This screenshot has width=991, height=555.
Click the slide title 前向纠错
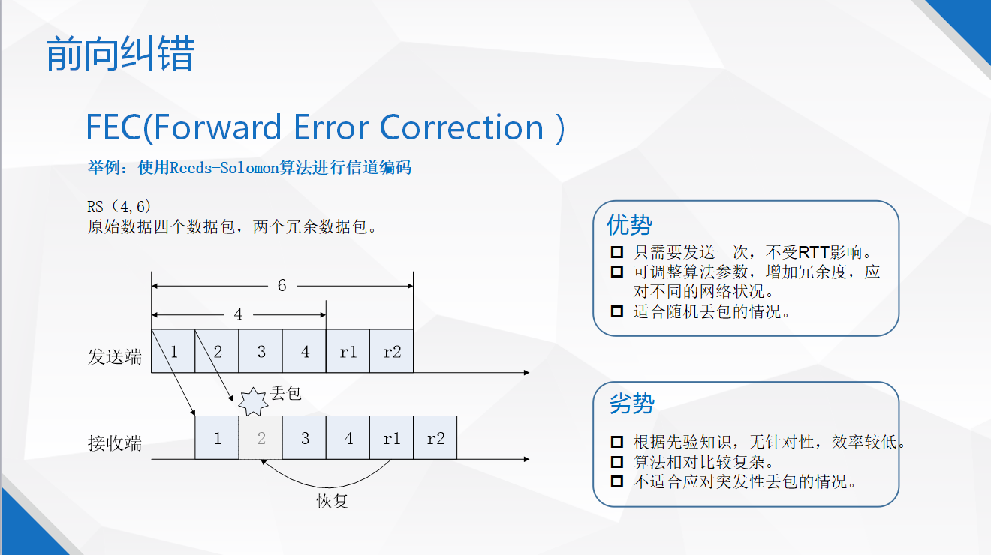pyautogui.click(x=120, y=53)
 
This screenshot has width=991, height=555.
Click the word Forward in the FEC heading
pyautogui.click(x=217, y=127)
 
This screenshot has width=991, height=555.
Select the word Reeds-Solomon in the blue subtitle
pyautogui.click(x=224, y=168)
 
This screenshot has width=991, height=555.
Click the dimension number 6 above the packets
pyautogui.click(x=282, y=286)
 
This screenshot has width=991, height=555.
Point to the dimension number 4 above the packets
pyautogui.click(x=238, y=314)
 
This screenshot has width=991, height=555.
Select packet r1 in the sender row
pyautogui.click(x=348, y=351)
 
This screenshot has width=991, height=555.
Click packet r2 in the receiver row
pyautogui.click(x=435, y=437)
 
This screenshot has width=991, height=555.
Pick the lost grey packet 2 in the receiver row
pyautogui.click(x=261, y=437)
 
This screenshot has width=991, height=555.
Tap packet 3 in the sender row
pyautogui.click(x=261, y=351)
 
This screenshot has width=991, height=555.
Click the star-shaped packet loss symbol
pyautogui.click(x=253, y=402)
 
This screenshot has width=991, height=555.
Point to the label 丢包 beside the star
pyautogui.click(x=286, y=393)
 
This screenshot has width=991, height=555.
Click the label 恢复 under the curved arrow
pyautogui.click(x=333, y=501)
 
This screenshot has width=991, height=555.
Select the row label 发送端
pyautogui.click(x=115, y=356)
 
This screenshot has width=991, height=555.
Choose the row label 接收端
pyautogui.click(x=115, y=443)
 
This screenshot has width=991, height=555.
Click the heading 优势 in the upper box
pyautogui.click(x=629, y=225)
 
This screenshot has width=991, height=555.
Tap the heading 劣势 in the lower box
pyautogui.click(x=632, y=403)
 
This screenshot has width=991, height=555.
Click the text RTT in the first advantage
pyautogui.click(x=814, y=252)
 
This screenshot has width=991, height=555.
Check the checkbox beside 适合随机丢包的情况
pyautogui.click(x=616, y=311)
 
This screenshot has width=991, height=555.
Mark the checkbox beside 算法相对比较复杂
pyautogui.click(x=616, y=462)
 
